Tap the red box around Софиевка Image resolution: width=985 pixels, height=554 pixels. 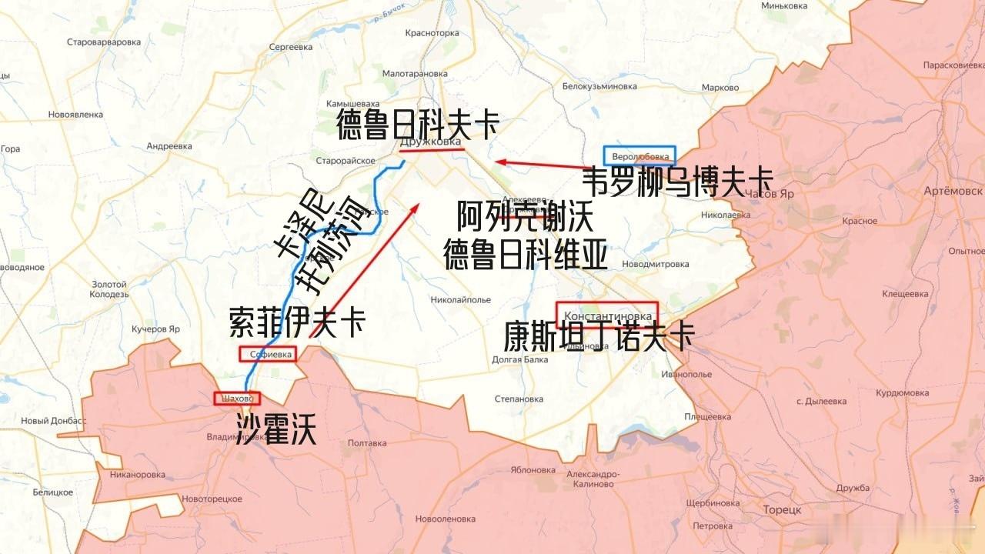tap(267, 355)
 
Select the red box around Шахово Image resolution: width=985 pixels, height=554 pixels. tap(237, 399)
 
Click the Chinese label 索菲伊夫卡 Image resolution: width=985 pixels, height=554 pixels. tap(297, 322)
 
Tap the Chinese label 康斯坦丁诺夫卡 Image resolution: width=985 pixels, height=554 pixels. tap(599, 337)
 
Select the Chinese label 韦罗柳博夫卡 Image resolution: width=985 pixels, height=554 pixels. tap(677, 183)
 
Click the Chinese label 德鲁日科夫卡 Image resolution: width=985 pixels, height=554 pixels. tap(418, 125)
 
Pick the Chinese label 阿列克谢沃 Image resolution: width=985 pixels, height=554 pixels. tap(526, 219)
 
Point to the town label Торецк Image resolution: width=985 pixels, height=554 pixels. tap(782, 510)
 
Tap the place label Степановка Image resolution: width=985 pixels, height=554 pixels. tap(519, 399)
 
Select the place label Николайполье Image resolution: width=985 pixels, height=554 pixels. tap(460, 299)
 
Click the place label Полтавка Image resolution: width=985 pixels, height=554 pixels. tap(367, 443)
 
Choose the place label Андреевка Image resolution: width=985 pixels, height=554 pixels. tap(169, 146)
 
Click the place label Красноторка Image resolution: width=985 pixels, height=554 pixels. tap(432, 33)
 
